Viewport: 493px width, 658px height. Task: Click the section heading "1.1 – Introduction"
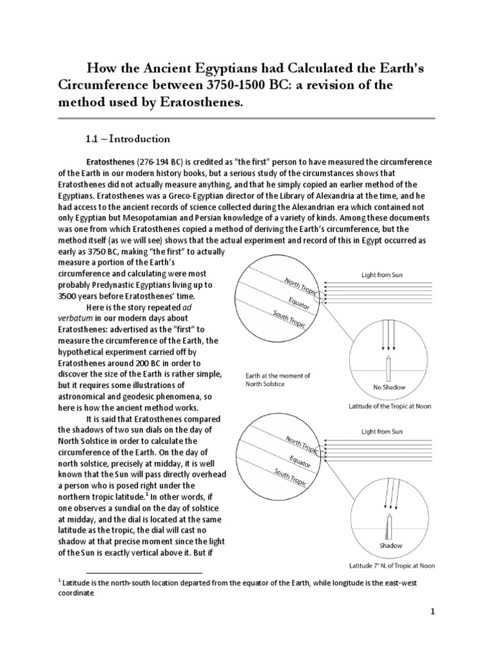pyautogui.click(x=128, y=139)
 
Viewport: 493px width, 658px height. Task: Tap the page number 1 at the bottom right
pyautogui.click(x=433, y=612)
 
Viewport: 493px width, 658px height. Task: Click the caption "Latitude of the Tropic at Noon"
pyautogui.click(x=390, y=406)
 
